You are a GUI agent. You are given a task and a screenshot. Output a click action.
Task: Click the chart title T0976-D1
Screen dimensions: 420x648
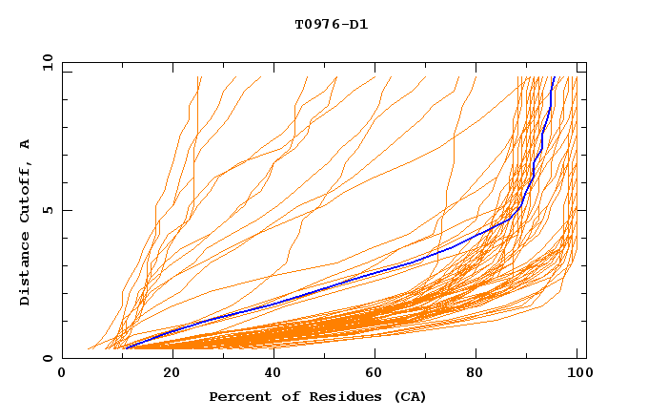pyautogui.click(x=331, y=25)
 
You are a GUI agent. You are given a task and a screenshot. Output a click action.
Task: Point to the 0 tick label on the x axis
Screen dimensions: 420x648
pyautogui.click(x=63, y=375)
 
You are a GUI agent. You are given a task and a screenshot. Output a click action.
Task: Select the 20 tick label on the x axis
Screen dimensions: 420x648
pyautogui.click(x=166, y=375)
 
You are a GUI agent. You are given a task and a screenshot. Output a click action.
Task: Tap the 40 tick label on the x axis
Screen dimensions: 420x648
pyautogui.click(x=269, y=375)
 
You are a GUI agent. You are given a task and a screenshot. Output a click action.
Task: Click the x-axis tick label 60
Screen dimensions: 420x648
pyautogui.click(x=372, y=375)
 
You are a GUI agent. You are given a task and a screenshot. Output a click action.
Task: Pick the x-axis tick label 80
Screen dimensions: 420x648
pyautogui.click(x=475, y=375)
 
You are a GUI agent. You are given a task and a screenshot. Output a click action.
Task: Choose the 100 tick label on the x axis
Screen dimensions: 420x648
pyautogui.click(x=577, y=375)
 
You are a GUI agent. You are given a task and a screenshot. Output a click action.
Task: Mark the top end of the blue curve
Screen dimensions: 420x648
pyautogui.click(x=554, y=76)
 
